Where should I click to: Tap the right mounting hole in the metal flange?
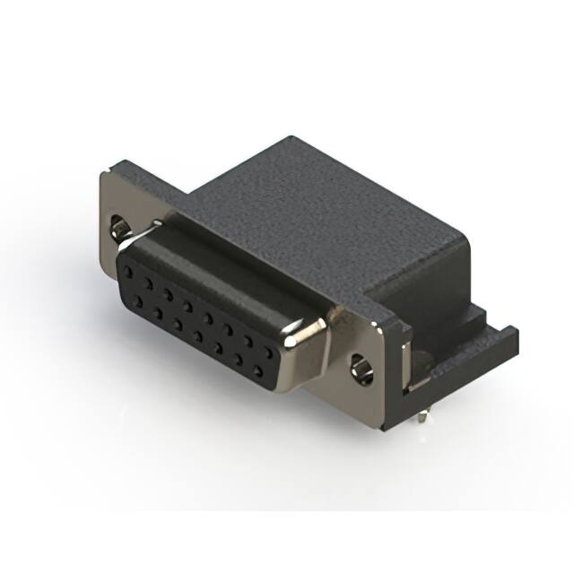(362, 368)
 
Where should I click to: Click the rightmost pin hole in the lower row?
(258, 370)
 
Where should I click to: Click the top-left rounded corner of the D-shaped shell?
(135, 242)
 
